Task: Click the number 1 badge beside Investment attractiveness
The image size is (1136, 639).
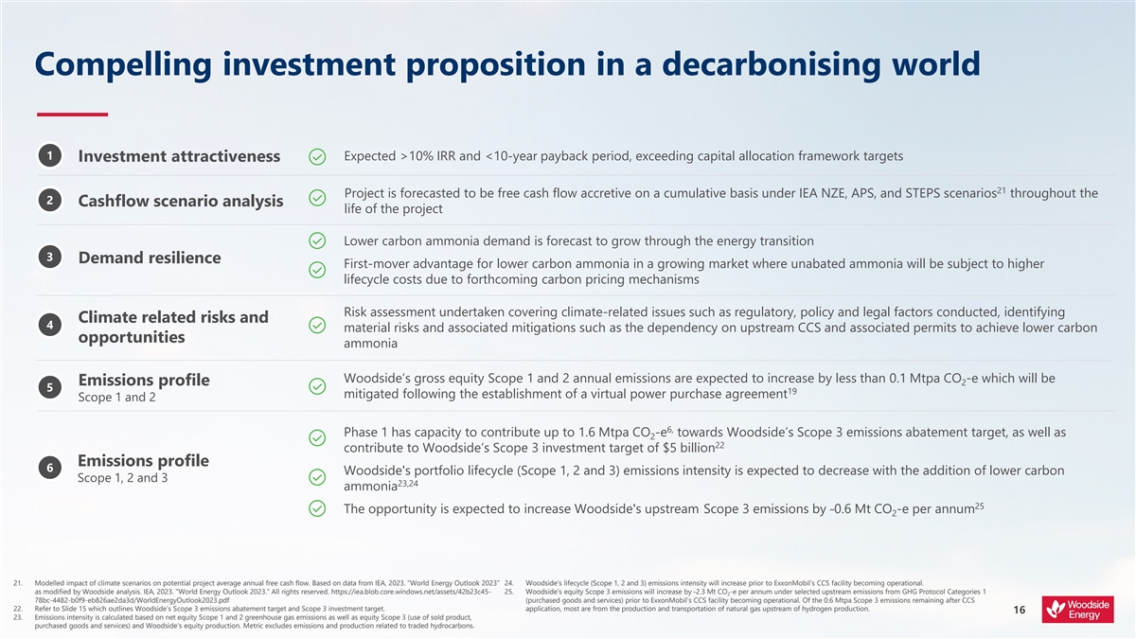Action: (48, 155)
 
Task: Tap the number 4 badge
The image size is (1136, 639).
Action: (48, 326)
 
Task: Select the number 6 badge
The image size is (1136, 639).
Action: (48, 468)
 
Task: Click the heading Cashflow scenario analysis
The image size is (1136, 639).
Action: (180, 201)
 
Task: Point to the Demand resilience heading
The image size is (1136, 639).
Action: (150, 257)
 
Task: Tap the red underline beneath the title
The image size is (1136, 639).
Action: (72, 115)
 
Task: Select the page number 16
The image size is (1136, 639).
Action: (1020, 611)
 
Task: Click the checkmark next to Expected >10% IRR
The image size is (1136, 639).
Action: (318, 156)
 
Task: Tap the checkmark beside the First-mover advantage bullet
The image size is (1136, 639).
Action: (318, 271)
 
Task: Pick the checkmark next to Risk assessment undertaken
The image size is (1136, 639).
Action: (318, 327)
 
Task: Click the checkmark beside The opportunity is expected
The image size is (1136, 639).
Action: (318, 508)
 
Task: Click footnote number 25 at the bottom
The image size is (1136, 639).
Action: (508, 593)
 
